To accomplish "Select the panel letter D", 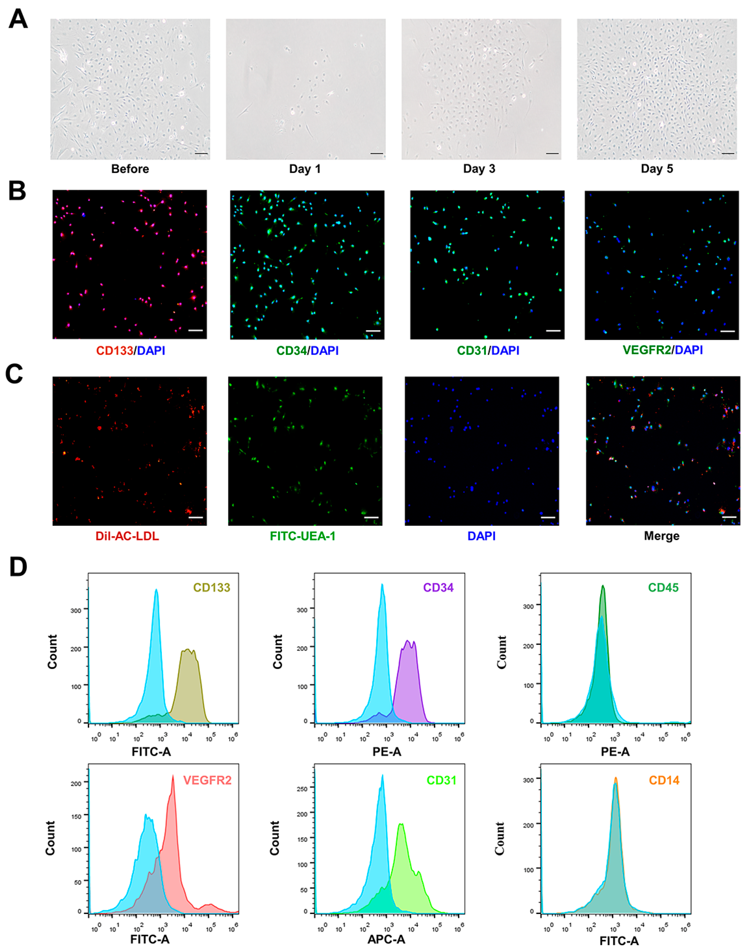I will coord(18,568).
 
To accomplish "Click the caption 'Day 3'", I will coord(479,169).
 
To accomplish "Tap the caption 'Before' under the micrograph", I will coord(130,169).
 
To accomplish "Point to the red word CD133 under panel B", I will coord(115,350).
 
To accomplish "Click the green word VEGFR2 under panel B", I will coord(646,350).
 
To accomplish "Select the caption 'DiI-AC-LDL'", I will coord(127,536).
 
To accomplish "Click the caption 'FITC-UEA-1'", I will coord(302,536).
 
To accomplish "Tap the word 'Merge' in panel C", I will coord(661,536).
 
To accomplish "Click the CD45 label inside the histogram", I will coord(663,588).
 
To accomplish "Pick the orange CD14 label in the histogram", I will coord(664,780).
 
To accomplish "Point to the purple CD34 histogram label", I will coord(438,588).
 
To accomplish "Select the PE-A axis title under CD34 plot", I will coord(387,752).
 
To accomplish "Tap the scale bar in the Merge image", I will coord(729,517).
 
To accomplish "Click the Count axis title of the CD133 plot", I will coord(52,652).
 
